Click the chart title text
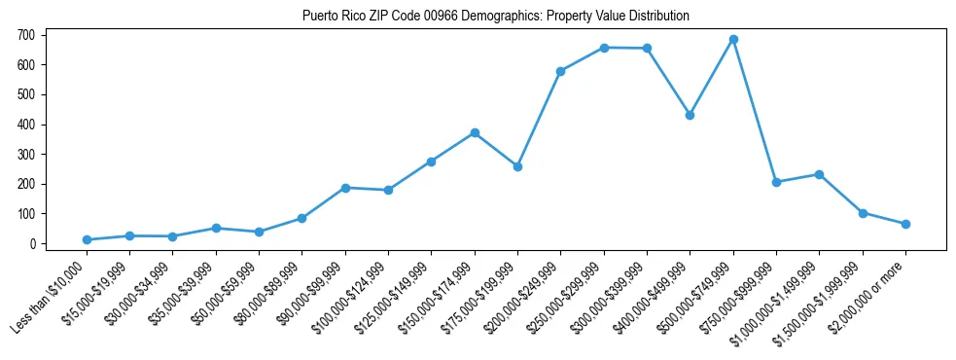click(x=481, y=16)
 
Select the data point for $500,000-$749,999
click(x=733, y=39)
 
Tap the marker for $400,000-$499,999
click(x=690, y=115)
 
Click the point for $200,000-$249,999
click(x=560, y=71)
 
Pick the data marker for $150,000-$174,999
click(x=475, y=132)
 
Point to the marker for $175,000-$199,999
click(x=517, y=166)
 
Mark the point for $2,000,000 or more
click(x=905, y=224)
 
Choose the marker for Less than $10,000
click(x=87, y=239)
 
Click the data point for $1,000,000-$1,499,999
click(x=819, y=174)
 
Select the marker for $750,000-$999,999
click(x=776, y=182)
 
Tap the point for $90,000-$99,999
click(x=345, y=188)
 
